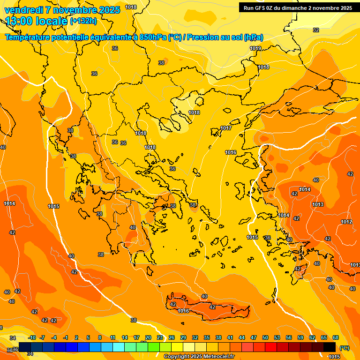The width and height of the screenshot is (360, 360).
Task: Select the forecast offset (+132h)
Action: [x=83, y=21]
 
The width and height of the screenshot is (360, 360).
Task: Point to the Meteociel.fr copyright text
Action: [x=199, y=356]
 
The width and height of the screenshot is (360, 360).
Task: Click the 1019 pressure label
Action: [x=255, y=48]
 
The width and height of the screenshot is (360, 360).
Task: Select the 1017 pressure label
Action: [x=226, y=128]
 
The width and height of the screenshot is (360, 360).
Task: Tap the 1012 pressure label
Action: [x=346, y=222]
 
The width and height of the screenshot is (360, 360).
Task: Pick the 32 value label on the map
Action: [x=316, y=30]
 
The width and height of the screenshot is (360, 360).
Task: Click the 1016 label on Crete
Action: [x=183, y=311]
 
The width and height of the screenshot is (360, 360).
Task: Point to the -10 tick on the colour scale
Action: [x=32, y=337]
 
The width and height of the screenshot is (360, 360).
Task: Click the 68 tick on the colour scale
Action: [x=336, y=337]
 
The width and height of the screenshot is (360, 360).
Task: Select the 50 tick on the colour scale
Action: [x=265, y=337]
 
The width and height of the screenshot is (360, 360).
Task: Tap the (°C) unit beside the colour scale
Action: [x=345, y=347]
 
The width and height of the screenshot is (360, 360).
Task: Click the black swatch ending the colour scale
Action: [x=330, y=347]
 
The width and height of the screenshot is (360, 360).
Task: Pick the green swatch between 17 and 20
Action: [x=142, y=347]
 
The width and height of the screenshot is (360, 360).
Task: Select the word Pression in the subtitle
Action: [x=203, y=37]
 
